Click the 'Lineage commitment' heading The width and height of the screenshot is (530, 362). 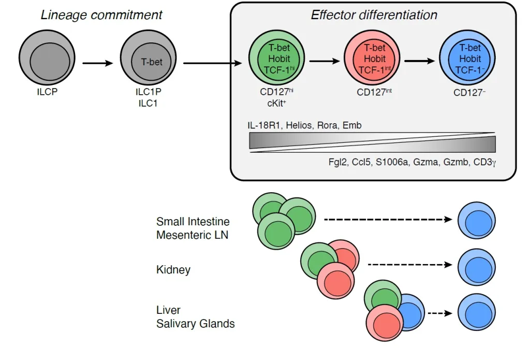(x=101, y=15)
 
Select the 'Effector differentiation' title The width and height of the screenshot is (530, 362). (x=374, y=15)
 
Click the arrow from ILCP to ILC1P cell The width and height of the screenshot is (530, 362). (x=97, y=64)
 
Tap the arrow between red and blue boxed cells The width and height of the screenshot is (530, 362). (x=420, y=61)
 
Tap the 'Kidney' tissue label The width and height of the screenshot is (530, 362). (x=173, y=270)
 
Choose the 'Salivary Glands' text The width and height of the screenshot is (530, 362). (x=196, y=324)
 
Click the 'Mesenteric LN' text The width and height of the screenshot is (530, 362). (x=193, y=235)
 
